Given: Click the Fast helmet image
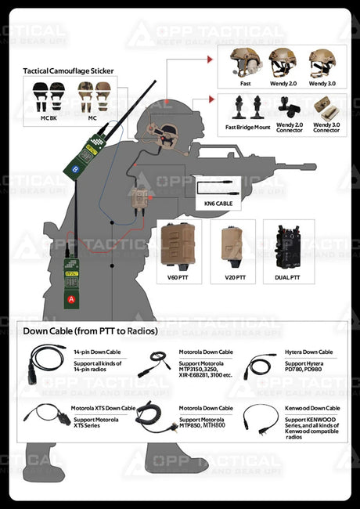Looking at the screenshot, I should pyautogui.click(x=245, y=63).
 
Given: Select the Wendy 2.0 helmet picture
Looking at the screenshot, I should pyautogui.click(x=283, y=63).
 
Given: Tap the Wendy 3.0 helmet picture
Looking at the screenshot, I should pyautogui.click(x=322, y=63).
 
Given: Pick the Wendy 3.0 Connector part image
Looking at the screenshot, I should pyautogui.click(x=322, y=106).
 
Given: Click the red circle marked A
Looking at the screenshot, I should pyautogui.click(x=73, y=299).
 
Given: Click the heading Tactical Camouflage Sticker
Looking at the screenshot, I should pyautogui.click(x=68, y=71).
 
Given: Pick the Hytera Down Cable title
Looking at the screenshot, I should pyautogui.click(x=308, y=352).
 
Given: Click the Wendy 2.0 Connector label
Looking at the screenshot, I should pyautogui.click(x=289, y=127).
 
